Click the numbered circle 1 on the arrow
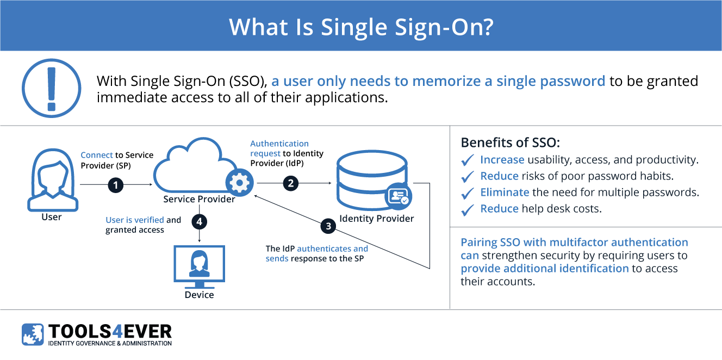(115, 185)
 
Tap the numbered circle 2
(291, 183)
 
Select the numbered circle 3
(328, 226)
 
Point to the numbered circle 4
(200, 222)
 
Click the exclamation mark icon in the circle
(52, 88)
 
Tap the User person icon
(52, 173)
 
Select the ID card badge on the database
(399, 196)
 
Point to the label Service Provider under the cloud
(199, 199)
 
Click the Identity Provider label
(376, 219)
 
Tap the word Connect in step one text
(97, 155)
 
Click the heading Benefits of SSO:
(510, 143)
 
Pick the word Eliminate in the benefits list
(505, 192)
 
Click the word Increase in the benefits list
(502, 160)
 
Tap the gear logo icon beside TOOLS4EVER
(33, 334)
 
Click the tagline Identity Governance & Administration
(110, 343)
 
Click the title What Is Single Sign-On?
(360, 26)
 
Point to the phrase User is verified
(135, 220)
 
